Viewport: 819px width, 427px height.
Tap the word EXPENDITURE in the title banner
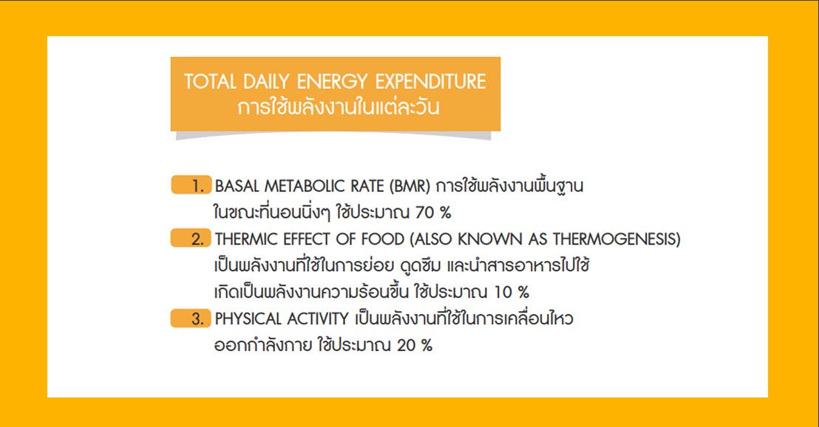[430, 81]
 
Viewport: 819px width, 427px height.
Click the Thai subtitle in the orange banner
[339, 107]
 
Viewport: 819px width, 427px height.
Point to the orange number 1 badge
[191, 185]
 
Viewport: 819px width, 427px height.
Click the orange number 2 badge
[191, 239]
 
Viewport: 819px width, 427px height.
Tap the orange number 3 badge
[191, 318]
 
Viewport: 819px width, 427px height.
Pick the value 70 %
[433, 213]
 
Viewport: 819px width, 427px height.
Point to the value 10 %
[512, 293]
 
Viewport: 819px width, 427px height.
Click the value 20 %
[415, 346]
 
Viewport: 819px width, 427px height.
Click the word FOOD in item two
[382, 239]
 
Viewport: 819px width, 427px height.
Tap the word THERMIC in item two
[246, 239]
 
